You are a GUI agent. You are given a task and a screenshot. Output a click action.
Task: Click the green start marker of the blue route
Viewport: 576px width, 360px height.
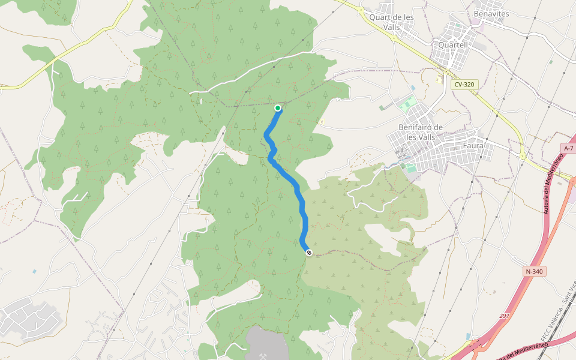[278, 108]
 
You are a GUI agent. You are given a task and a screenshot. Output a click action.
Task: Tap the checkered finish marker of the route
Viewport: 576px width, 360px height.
[308, 253]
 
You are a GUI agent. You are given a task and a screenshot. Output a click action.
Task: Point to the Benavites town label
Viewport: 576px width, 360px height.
[491, 13]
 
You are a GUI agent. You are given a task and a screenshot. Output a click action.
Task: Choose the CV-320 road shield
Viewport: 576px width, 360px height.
[464, 85]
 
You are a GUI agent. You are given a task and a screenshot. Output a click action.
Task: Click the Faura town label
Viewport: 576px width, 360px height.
[473, 145]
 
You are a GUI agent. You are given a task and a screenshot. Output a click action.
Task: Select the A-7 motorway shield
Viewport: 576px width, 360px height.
[569, 148]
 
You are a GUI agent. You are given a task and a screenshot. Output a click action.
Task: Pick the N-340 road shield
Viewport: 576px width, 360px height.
[533, 271]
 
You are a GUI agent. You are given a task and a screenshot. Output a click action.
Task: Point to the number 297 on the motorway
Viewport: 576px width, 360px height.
[504, 316]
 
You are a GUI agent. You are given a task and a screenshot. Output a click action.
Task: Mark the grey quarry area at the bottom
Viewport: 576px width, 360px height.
[270, 345]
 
